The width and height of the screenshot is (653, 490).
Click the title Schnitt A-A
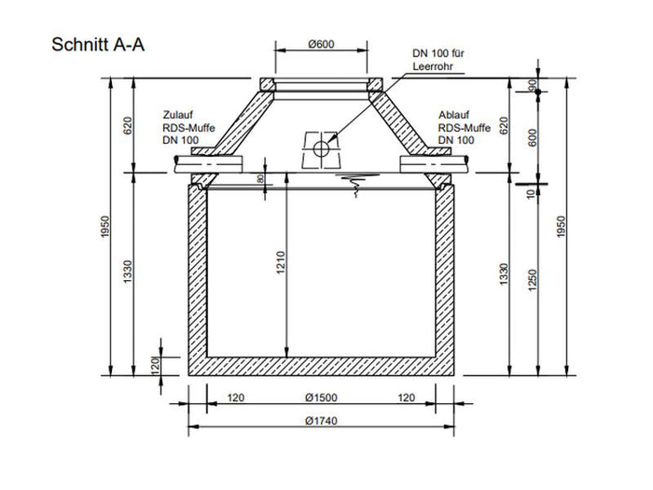click(x=98, y=45)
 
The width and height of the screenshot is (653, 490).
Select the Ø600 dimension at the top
click(x=321, y=44)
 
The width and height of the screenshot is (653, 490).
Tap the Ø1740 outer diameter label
click(x=321, y=420)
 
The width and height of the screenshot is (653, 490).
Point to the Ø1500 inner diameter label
click(x=321, y=398)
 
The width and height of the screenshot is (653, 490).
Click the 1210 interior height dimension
click(x=281, y=262)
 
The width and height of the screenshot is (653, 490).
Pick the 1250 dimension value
click(x=533, y=280)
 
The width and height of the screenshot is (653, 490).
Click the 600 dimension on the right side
click(x=533, y=138)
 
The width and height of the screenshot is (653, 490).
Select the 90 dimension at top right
click(x=533, y=86)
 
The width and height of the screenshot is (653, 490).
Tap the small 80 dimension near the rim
click(x=260, y=179)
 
